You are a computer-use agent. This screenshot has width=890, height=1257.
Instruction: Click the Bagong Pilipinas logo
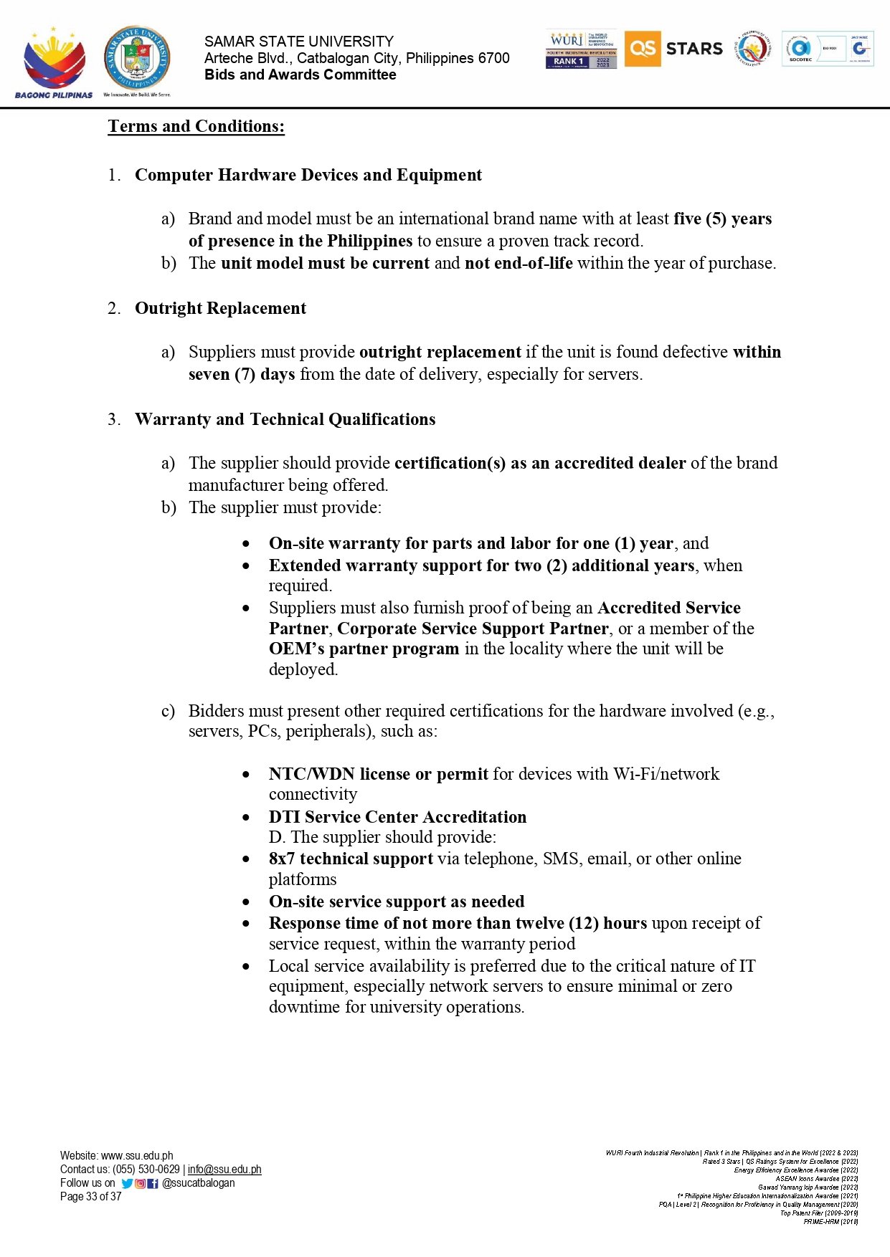[54, 62]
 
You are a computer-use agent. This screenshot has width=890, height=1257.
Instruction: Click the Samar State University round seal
[137, 59]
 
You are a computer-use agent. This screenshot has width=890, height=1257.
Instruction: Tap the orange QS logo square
[642, 49]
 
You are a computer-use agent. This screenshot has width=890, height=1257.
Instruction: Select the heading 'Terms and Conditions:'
[196, 127]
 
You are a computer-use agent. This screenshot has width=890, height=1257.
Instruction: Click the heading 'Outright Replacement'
[220, 308]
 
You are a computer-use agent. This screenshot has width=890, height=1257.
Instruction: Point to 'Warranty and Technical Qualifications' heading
[285, 419]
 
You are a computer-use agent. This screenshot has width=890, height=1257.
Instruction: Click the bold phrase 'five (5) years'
[722, 219]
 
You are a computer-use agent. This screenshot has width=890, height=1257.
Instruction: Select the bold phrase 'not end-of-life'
[519, 263]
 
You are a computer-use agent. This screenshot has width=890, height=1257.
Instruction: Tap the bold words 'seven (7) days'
[242, 374]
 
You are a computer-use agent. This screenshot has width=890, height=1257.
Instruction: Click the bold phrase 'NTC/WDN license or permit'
[378, 774]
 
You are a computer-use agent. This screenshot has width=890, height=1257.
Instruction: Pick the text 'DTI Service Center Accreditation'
[397, 817]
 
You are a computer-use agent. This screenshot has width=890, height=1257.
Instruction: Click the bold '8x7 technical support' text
[351, 859]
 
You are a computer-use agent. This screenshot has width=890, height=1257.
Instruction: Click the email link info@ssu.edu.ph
[224, 1170]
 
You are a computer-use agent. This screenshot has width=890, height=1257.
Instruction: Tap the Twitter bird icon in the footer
[127, 1184]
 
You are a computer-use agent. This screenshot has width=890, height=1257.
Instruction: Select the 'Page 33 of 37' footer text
[91, 1197]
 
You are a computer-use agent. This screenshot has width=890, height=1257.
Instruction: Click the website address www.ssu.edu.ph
[137, 1156]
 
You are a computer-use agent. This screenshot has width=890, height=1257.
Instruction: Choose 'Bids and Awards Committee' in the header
[300, 75]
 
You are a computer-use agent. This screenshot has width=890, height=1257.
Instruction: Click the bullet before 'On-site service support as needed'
[247, 902]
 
